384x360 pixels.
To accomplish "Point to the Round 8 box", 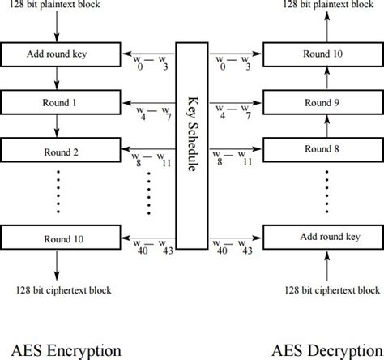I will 322,150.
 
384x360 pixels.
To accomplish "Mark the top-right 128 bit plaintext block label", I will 327,5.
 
